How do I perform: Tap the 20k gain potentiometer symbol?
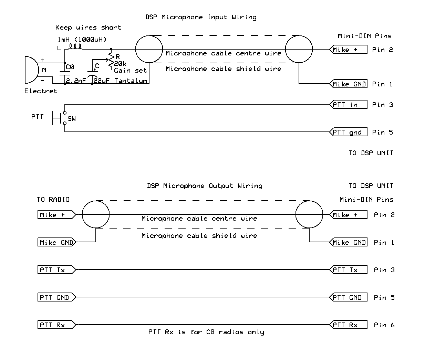[111, 60]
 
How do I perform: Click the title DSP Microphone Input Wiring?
[201, 17]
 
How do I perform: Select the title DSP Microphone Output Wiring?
[205, 186]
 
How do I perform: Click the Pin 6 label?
[384, 325]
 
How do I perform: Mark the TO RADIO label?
[53, 199]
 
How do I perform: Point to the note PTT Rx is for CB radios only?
[206, 332]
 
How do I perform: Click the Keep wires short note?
[88, 28]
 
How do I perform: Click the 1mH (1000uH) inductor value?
[82, 39]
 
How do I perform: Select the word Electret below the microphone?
[41, 91]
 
